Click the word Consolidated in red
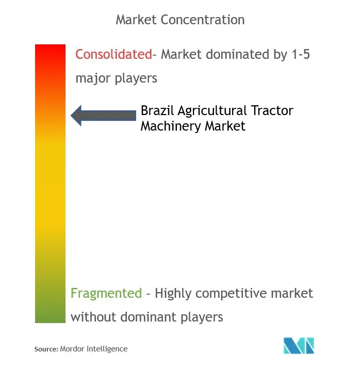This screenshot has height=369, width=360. (114, 54)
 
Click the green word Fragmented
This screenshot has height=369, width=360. (106, 293)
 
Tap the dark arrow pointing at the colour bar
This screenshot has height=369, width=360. (104, 116)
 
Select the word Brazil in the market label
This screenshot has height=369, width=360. (157, 110)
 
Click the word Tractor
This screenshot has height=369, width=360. (272, 110)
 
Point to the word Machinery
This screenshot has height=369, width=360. (171, 126)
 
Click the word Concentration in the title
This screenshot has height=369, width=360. (203, 20)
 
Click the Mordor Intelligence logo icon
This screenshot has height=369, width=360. (299, 345)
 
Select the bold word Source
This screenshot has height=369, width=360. (46, 349)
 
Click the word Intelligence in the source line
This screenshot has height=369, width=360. (107, 349)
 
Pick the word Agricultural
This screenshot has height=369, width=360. (212, 110)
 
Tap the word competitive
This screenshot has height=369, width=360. (232, 294)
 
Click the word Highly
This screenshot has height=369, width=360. (173, 294)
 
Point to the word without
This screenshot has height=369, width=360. (93, 317)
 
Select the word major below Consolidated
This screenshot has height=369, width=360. (93, 78)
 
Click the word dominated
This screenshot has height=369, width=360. (238, 54)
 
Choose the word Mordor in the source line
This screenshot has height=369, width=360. (72, 349)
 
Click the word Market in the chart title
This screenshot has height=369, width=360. (136, 20)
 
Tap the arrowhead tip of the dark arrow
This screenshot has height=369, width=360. (71, 116)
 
